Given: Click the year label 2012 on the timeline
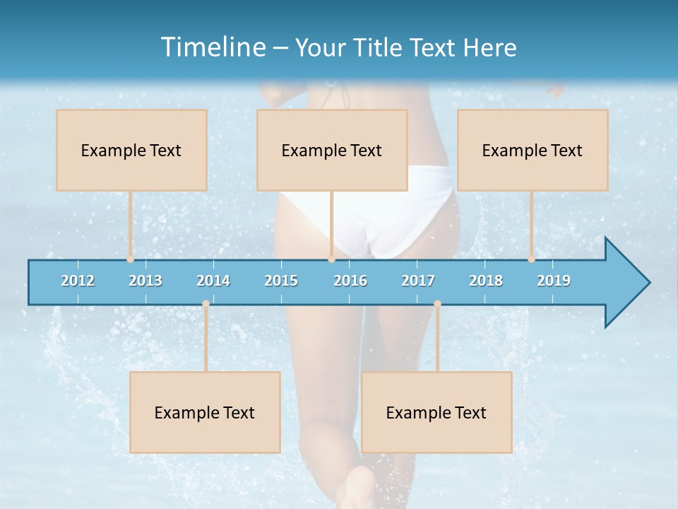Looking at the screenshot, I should [78, 281].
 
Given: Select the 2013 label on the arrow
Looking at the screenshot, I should [145, 281].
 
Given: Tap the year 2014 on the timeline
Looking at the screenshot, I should [213, 281].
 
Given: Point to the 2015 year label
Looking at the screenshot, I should [281, 281].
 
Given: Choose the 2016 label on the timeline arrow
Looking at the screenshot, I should [350, 281].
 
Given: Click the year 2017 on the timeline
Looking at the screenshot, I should [418, 281].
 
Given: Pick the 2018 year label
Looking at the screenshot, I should [486, 281].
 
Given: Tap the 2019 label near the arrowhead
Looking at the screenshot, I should [554, 281].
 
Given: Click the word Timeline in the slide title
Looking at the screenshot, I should [213, 47].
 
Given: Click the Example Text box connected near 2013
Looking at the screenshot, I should [131, 150].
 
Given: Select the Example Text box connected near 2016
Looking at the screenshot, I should [332, 150].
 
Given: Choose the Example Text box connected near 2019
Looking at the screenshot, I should [533, 150].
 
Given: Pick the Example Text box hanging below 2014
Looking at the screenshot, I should [205, 412].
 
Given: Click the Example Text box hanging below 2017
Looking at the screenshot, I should [436, 412].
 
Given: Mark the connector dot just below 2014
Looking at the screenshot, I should [206, 303].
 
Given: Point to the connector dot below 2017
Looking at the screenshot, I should [437, 303].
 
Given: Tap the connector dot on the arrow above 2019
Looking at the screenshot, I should [531, 259].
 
